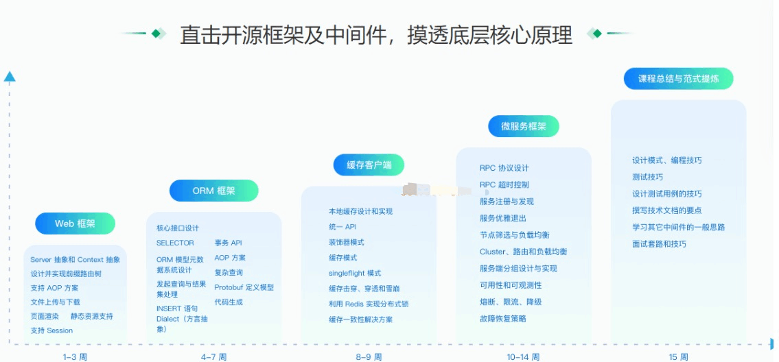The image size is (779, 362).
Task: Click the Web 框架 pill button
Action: (x=75, y=224)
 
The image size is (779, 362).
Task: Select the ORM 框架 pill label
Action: (x=214, y=191)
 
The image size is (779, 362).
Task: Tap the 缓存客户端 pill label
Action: (x=369, y=165)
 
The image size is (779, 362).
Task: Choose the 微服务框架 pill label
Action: (x=524, y=126)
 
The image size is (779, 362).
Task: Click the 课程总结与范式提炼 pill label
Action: (x=679, y=78)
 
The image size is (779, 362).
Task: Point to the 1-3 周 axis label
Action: (x=75, y=357)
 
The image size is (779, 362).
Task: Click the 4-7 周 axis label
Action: (x=213, y=357)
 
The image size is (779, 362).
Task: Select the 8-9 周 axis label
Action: (x=369, y=357)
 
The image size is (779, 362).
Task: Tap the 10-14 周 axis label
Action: (x=523, y=357)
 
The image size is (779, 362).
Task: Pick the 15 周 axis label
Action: (x=678, y=357)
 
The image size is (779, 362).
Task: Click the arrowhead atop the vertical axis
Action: (x=10, y=77)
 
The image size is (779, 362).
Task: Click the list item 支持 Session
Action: (x=51, y=330)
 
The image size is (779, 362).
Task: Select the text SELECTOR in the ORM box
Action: (x=175, y=243)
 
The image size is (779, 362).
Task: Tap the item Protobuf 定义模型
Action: (x=244, y=287)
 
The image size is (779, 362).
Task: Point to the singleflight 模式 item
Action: (x=355, y=273)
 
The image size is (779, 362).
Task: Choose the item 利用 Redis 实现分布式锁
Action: (x=369, y=304)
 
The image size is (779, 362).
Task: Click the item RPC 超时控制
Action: (x=504, y=184)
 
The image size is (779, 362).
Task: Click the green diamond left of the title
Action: (x=157, y=34)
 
